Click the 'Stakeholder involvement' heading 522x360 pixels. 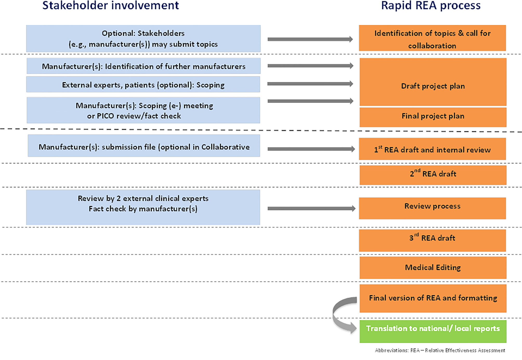tap(110, 6)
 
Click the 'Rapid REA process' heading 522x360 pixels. tap(431, 6)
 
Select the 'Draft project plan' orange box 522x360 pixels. tap(433, 82)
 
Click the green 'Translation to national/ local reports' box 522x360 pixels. tap(433, 331)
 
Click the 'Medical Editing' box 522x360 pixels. tap(433, 268)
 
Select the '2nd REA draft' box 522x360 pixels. tap(433, 175)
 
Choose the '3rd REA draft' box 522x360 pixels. tap(432, 240)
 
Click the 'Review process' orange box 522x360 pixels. tap(432, 208)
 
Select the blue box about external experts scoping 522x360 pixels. tap(143, 84)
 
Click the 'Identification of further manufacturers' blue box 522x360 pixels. tap(143, 66)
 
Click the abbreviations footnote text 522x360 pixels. tap(440, 350)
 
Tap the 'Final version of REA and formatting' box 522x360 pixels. tap(433, 298)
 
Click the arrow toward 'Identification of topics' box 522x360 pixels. tap(310, 39)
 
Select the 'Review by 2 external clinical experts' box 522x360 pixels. tap(143, 207)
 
